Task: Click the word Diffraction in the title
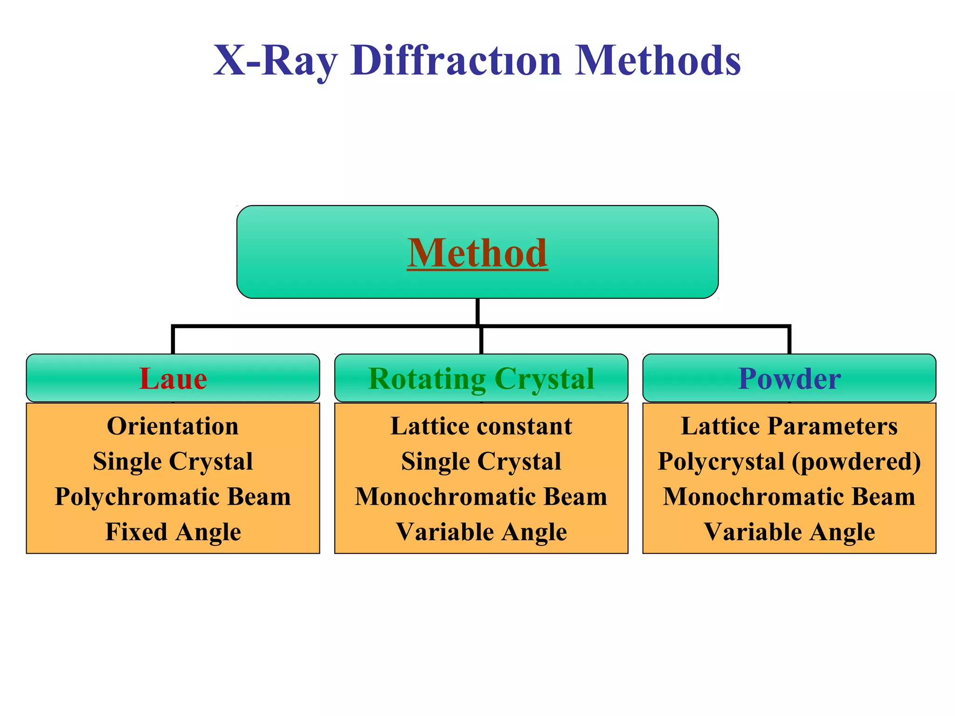[456, 61]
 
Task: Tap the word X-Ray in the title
[275, 61]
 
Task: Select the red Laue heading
[173, 379]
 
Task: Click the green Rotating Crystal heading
[481, 379]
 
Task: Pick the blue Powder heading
[789, 379]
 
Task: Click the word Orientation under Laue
[173, 426]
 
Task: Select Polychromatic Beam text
[173, 496]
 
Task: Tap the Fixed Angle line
[173, 532]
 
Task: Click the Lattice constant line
[481, 426]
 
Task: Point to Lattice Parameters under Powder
[789, 426]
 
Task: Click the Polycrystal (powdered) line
[789, 461]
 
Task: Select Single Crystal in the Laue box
[173, 461]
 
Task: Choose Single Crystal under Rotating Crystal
[481, 461]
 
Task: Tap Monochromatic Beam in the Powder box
[789, 496]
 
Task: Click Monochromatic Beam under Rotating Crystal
[481, 496]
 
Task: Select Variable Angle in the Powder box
[789, 532]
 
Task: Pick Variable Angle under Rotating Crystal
[481, 532]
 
